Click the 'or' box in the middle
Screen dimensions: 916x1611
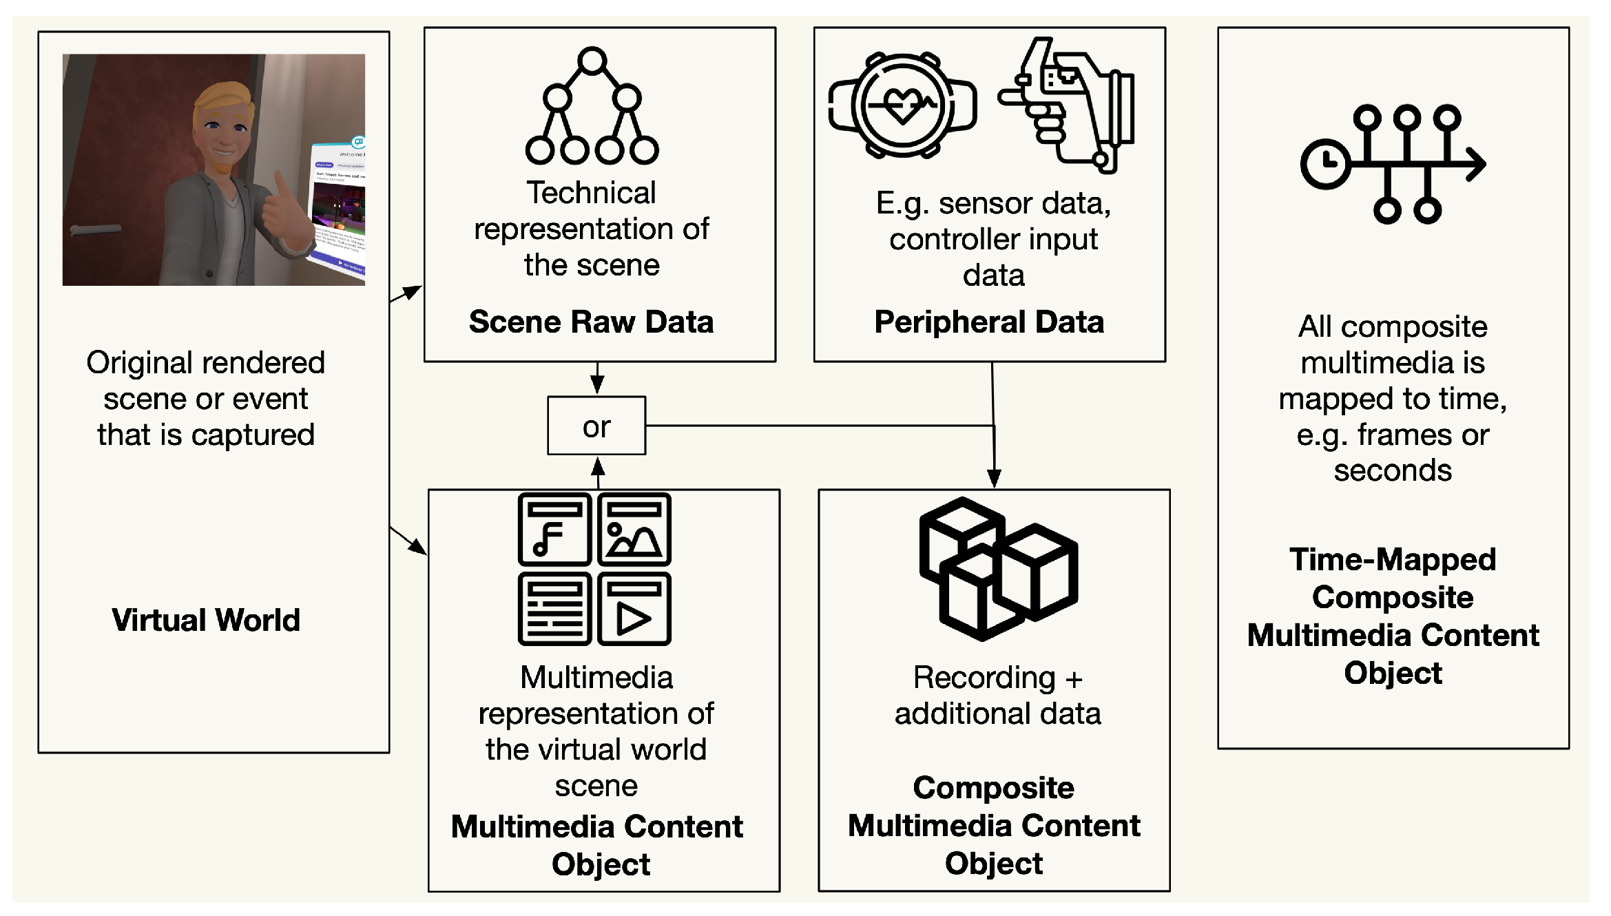click(596, 426)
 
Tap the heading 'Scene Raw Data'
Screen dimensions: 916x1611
click(591, 322)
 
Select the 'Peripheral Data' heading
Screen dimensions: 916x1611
click(989, 322)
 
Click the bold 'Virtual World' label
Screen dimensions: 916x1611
click(206, 620)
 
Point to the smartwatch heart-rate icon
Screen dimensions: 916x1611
click(902, 105)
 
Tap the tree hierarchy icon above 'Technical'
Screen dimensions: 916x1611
click(592, 106)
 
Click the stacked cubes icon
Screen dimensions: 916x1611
click(998, 569)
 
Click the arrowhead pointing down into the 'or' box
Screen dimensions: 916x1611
click(597, 385)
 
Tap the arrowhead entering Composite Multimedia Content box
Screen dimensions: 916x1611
click(994, 478)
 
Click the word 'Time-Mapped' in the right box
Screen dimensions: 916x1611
click(1393, 559)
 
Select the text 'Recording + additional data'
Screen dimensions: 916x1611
click(997, 696)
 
